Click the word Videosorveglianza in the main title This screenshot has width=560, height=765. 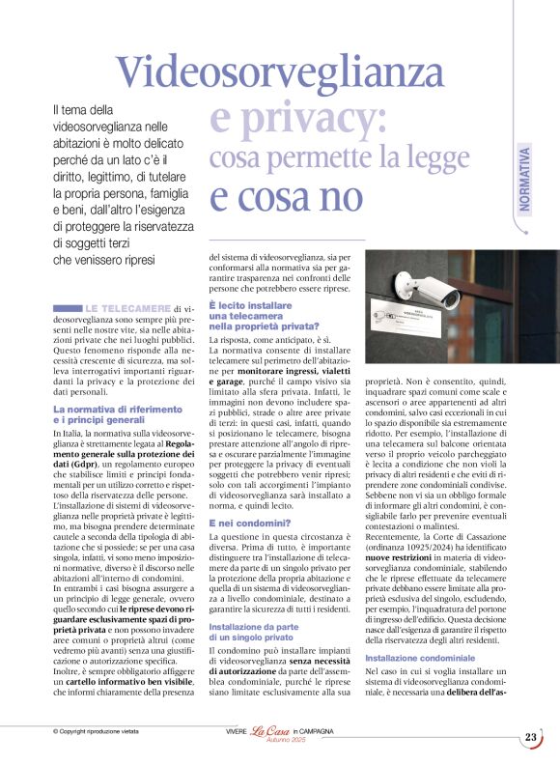pyautogui.click(x=308, y=72)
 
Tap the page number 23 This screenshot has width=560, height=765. pyautogui.click(x=530, y=737)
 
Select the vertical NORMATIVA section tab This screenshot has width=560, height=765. pyautogui.click(x=524, y=180)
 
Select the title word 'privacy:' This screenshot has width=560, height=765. pyautogui.click(x=298, y=118)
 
